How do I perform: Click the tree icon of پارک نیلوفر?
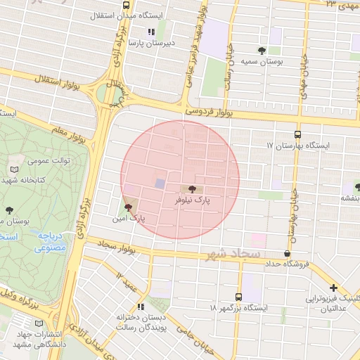193,188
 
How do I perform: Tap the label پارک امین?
132,219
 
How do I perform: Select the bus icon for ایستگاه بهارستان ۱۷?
297,134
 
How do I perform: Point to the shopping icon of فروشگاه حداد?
287,253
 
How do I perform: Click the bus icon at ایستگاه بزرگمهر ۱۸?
238,297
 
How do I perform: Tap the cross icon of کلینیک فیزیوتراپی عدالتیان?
333,288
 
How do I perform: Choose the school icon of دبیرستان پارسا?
150,32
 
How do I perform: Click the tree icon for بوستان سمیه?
262,50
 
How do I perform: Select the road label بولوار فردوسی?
209,111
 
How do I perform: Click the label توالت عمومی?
49,160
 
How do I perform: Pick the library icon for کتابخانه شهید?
15,169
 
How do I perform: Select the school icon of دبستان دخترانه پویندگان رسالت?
141,307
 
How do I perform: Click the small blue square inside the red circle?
160,184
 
